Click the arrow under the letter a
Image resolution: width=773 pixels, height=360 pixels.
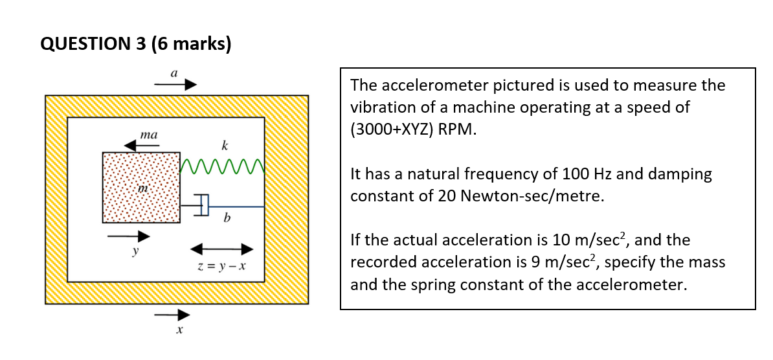(x=175, y=85)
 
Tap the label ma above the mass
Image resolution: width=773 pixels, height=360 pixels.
(x=148, y=135)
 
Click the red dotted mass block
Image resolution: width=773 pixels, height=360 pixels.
(x=141, y=188)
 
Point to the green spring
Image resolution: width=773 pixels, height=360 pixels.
(x=222, y=166)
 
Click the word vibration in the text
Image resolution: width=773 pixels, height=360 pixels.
(x=381, y=107)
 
